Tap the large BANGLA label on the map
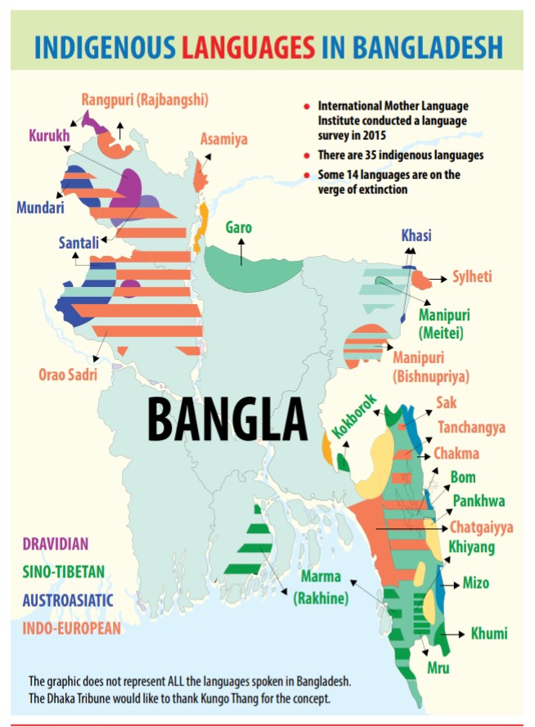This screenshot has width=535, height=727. (x=227, y=419)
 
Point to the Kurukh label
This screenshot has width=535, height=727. (x=51, y=135)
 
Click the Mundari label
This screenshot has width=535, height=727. (x=40, y=208)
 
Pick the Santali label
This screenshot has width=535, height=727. (x=79, y=242)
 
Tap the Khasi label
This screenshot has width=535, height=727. (x=416, y=236)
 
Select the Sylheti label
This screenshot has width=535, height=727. (x=472, y=277)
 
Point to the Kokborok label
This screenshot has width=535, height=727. (x=354, y=418)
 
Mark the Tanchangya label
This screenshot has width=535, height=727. (x=471, y=428)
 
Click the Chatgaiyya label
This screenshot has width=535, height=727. (x=481, y=527)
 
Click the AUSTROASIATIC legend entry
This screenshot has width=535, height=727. (x=67, y=600)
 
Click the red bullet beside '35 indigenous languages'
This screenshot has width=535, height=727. (x=306, y=155)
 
